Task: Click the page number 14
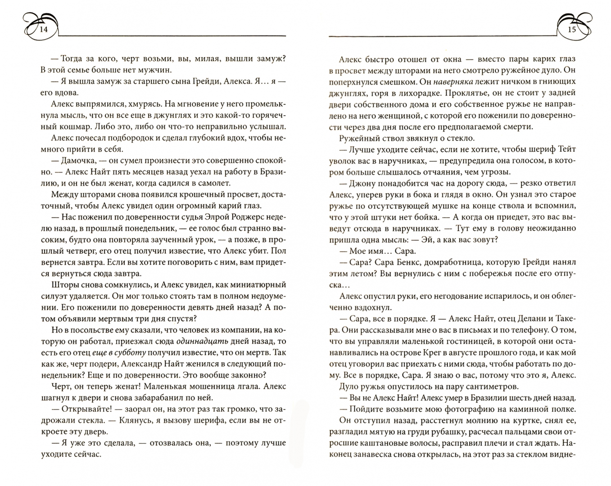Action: (44, 30)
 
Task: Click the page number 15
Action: (572, 30)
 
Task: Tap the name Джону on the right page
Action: (362, 184)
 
